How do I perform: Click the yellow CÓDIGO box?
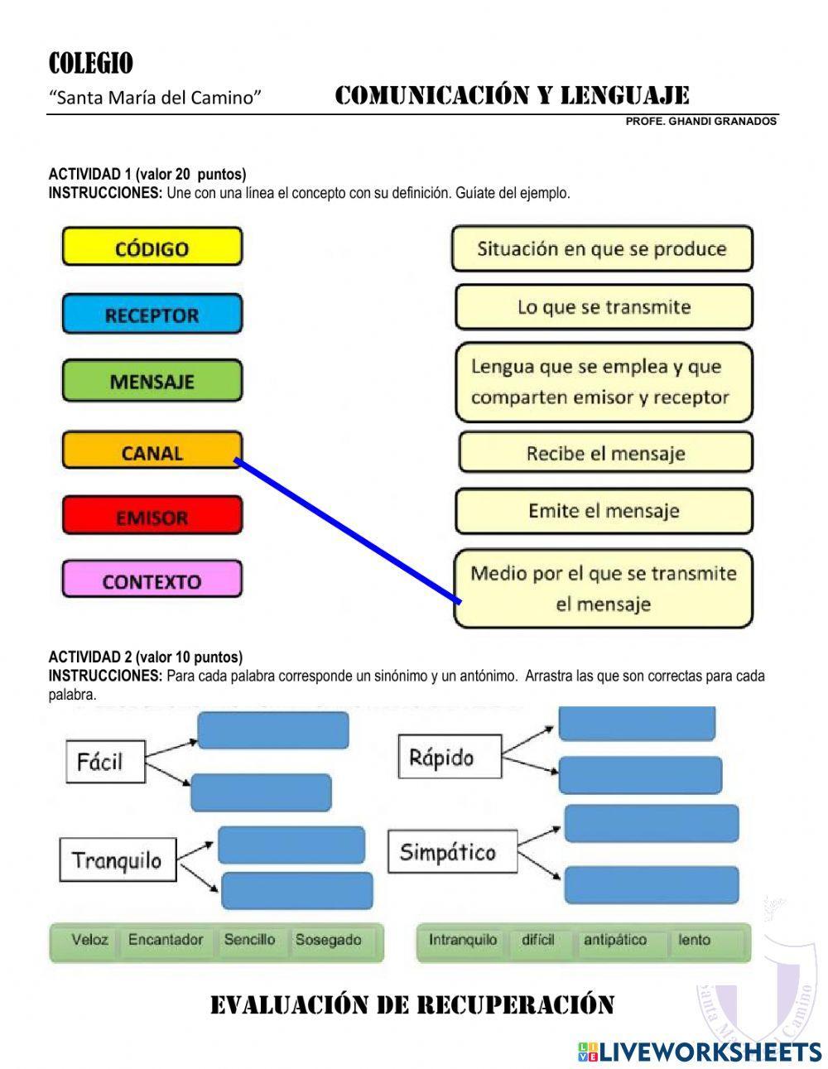click(x=152, y=248)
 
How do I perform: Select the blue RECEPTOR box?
click(x=152, y=315)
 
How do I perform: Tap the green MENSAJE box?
click(x=152, y=382)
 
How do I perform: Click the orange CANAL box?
click(x=152, y=452)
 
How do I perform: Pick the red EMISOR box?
click(x=152, y=517)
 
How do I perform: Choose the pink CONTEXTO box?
click(x=152, y=580)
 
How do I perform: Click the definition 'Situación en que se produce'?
click(x=602, y=248)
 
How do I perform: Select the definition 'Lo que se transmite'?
click(x=604, y=307)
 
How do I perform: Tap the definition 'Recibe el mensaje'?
click(x=605, y=453)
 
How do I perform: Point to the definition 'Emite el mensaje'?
click(x=604, y=511)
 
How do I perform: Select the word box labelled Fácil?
click(x=105, y=761)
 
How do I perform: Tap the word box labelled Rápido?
click(x=450, y=757)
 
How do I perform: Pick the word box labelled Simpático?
click(x=452, y=851)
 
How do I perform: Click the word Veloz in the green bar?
click(x=89, y=940)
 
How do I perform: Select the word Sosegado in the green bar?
click(x=329, y=940)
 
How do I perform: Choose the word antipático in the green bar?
click(x=614, y=940)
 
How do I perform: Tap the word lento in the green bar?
click(x=694, y=940)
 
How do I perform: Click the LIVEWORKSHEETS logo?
click(x=700, y=1051)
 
